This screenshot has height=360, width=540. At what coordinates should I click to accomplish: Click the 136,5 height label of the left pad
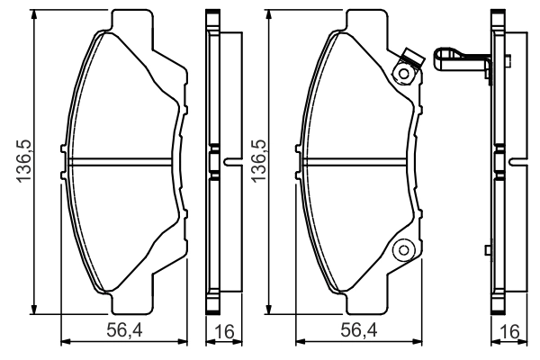pos(25,160)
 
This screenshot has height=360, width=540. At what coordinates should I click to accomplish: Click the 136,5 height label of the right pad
pos(258,160)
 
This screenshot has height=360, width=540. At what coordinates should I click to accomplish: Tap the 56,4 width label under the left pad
pos(124,330)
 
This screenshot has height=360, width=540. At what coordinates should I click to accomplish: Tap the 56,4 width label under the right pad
pos(359,330)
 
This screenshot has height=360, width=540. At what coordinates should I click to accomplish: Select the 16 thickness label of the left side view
pos(224,331)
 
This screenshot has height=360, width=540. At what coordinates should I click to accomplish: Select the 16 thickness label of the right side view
pos(509,331)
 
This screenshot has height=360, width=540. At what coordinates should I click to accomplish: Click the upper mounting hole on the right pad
pos(403,74)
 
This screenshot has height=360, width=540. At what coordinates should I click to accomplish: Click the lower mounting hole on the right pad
pos(403,250)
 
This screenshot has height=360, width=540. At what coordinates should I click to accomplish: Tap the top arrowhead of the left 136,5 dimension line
pos(33,14)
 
